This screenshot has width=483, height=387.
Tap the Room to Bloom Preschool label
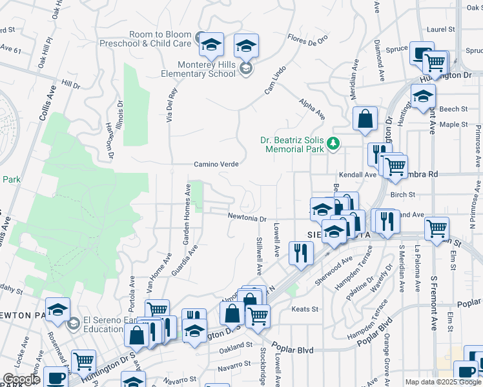pyautogui.click(x=146, y=39)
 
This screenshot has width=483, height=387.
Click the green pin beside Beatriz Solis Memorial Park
pyautogui.click(x=333, y=143)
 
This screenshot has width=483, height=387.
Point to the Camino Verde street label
pyautogui.click(x=217, y=164)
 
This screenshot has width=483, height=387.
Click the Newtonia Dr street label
pyautogui.click(x=247, y=219)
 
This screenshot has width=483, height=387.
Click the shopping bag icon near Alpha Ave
pyautogui.click(x=365, y=119)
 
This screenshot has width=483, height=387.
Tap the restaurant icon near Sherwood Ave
pyautogui.click(x=300, y=252)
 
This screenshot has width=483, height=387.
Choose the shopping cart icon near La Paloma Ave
pyautogui.click(x=437, y=228)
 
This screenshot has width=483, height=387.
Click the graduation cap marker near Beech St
pyautogui.click(x=423, y=97)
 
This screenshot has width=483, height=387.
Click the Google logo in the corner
pyautogui.click(x=21, y=379)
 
